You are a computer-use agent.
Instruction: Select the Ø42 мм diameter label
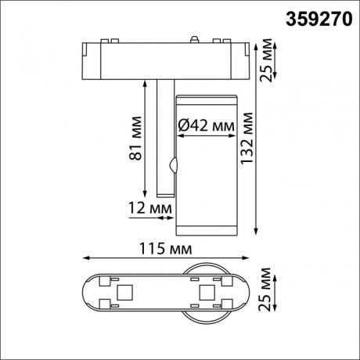pyautogui.click(x=207, y=125)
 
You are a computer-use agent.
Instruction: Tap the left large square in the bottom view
pyautogui.click(x=124, y=293)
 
